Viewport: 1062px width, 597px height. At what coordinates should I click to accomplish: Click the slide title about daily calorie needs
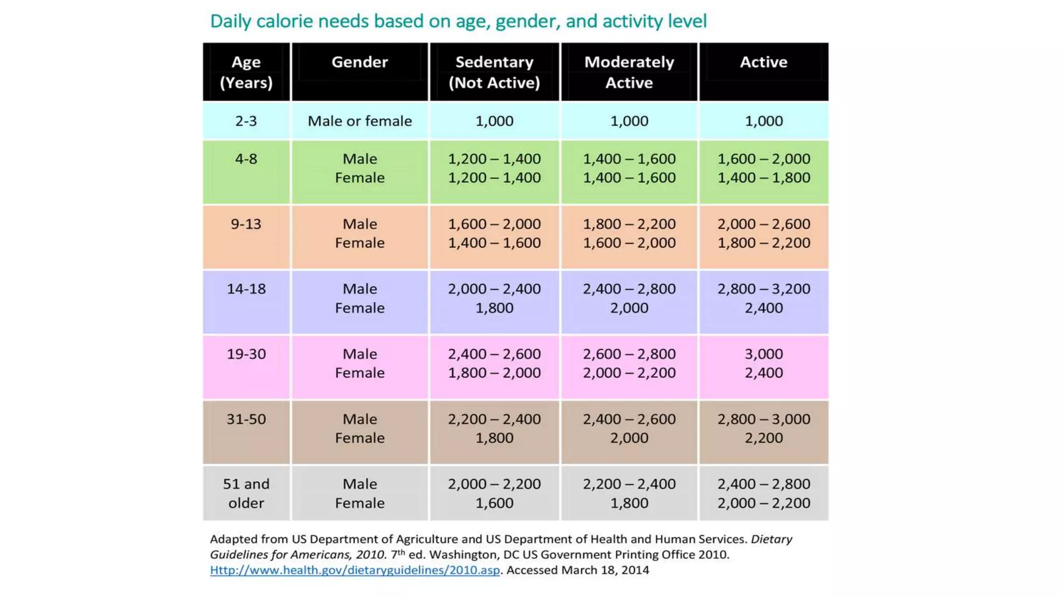tap(458, 21)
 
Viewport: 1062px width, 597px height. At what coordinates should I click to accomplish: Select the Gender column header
tap(359, 62)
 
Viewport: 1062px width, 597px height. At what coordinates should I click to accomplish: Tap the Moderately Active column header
tap(629, 72)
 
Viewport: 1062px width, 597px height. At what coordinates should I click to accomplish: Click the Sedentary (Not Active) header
tap(494, 72)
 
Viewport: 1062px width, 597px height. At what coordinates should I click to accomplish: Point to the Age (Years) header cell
tap(246, 72)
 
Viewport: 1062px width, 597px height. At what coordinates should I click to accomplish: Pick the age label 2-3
tap(246, 121)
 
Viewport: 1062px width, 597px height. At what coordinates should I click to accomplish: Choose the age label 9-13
tap(246, 224)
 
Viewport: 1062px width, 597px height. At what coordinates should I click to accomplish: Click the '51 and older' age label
tap(246, 493)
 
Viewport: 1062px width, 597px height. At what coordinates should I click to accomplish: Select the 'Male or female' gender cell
tap(359, 121)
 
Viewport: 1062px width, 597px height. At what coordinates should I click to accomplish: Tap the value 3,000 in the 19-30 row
tap(763, 354)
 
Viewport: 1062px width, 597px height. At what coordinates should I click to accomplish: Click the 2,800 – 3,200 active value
tap(763, 289)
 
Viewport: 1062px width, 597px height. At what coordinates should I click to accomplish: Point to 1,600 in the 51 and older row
tap(494, 503)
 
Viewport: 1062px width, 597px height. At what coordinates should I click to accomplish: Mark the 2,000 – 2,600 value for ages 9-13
tap(763, 224)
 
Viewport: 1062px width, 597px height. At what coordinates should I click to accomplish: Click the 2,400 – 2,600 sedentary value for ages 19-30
tap(494, 354)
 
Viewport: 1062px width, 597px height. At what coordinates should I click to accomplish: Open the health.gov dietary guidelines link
tap(355, 570)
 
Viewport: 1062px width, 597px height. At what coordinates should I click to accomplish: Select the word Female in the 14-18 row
tap(359, 308)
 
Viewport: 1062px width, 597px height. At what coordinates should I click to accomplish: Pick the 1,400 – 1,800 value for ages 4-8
tap(763, 178)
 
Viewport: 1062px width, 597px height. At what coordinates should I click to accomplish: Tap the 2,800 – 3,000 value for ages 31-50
tap(763, 419)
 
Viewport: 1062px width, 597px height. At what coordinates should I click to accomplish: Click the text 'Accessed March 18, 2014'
tap(578, 570)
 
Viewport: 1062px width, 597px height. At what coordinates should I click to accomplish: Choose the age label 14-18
tap(246, 289)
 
